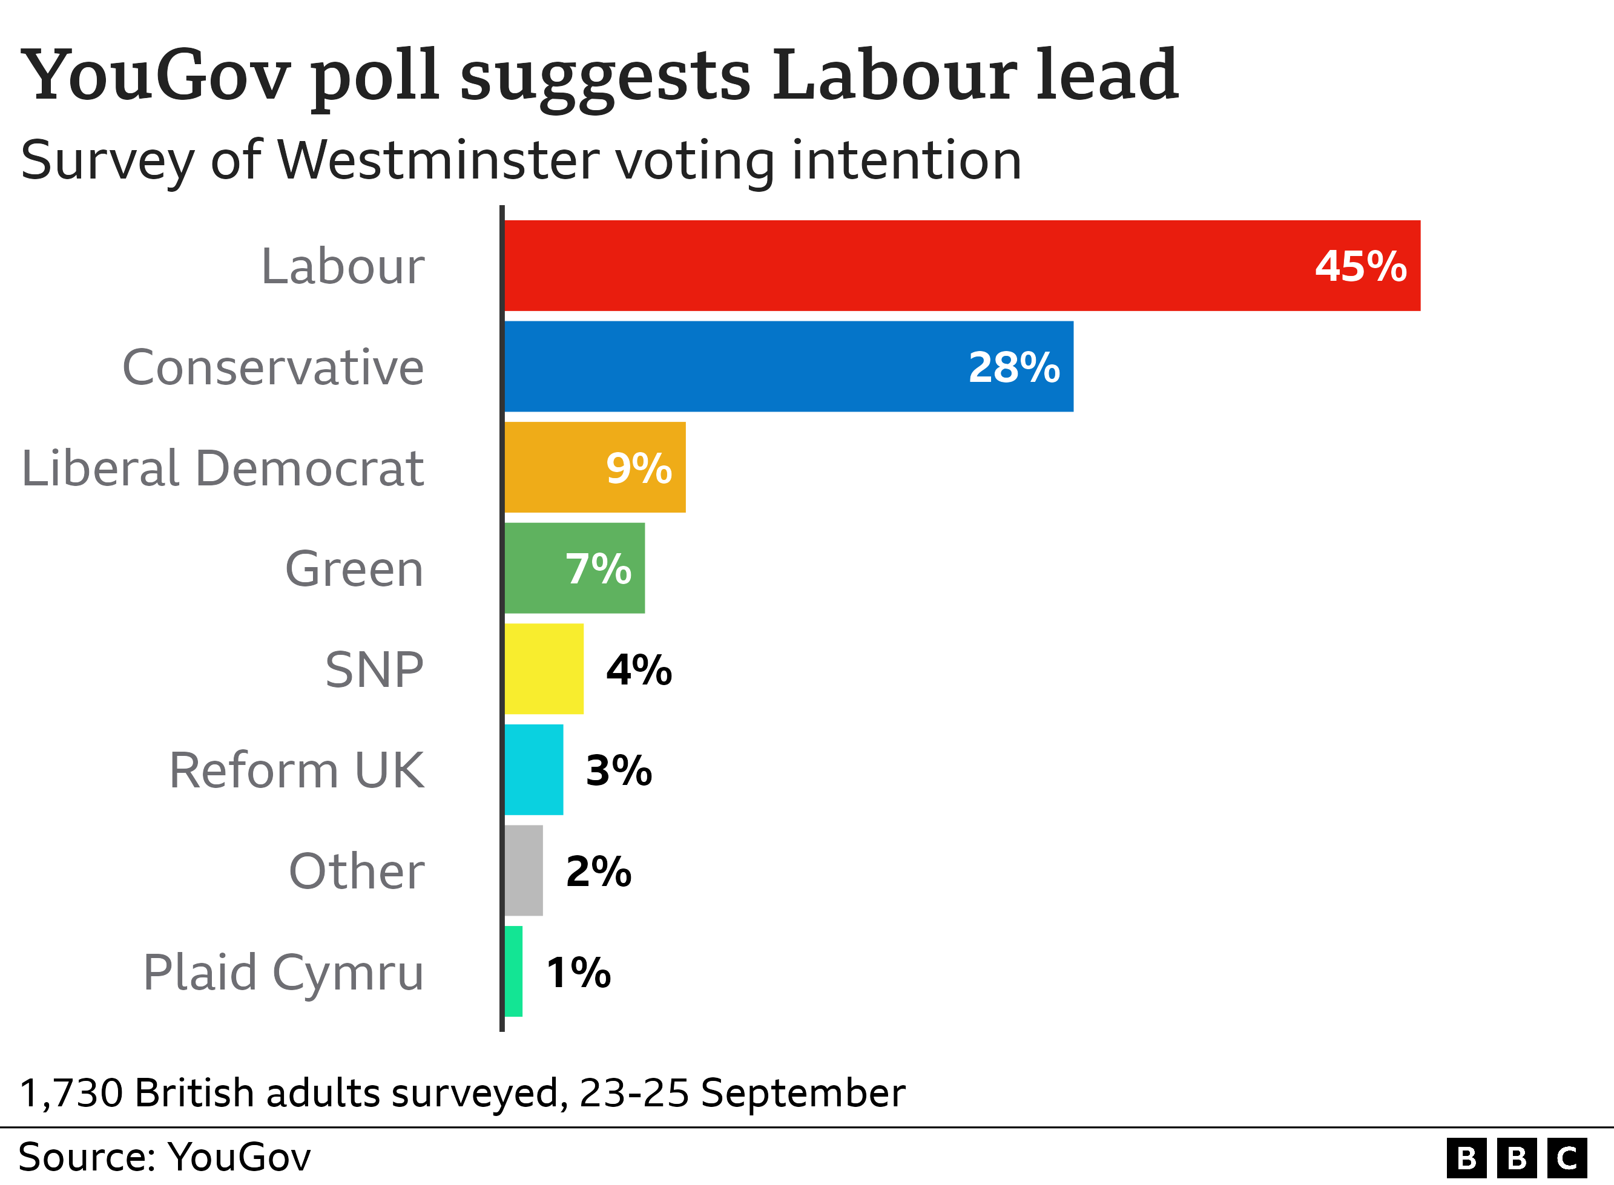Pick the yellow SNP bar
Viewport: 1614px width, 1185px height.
pos(544,669)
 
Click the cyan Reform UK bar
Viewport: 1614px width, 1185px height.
pos(534,770)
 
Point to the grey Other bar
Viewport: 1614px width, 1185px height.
pos(524,870)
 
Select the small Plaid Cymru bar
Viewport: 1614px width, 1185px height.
pos(513,971)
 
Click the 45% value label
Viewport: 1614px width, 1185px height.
pos(1360,266)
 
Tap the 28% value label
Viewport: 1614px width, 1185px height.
pos(1013,367)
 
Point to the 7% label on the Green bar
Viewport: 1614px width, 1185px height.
pos(598,569)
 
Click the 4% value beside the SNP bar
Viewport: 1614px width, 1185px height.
pos(639,670)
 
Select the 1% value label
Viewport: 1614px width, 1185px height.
pos(578,973)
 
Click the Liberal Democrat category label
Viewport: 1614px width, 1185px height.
pos(222,468)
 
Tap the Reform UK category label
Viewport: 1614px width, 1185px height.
pos(296,770)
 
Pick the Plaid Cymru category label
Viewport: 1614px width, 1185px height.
pos(283,973)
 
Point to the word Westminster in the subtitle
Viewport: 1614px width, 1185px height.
pos(438,159)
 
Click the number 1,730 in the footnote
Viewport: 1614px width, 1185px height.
pos(71,1093)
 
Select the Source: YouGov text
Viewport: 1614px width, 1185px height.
pos(164,1157)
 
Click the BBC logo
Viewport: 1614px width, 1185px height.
pos(1517,1158)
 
